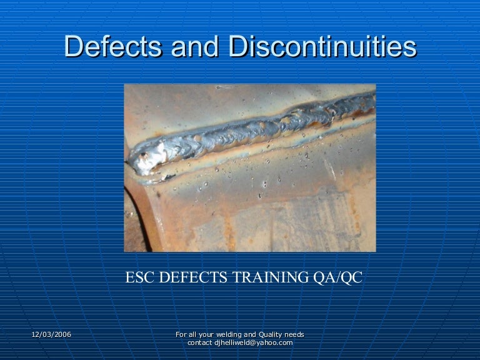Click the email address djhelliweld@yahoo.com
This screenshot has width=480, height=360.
(253, 343)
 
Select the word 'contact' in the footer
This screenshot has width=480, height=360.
(200, 343)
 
